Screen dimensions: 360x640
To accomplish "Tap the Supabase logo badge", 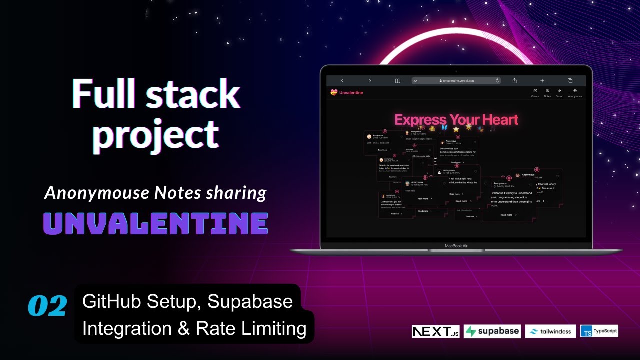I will click(x=492, y=332).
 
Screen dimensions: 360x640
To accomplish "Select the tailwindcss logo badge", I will click(x=550, y=331).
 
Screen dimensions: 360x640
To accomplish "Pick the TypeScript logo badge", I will click(x=599, y=331).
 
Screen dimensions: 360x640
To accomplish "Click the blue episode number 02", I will click(x=47, y=306).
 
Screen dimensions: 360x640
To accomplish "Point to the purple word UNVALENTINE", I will click(x=155, y=224).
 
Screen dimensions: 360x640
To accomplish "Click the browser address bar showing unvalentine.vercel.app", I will click(x=456, y=80).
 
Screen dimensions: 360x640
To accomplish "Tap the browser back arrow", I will click(x=342, y=80).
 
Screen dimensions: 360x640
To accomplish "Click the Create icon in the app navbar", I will click(x=535, y=91).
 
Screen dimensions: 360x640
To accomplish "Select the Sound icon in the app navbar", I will click(x=559, y=91).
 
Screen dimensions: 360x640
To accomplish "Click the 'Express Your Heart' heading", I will click(x=456, y=120).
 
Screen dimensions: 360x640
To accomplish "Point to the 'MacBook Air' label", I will click(x=456, y=246).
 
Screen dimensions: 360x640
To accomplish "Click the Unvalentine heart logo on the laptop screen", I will click(x=334, y=92).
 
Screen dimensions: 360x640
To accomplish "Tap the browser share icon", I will click(x=514, y=80).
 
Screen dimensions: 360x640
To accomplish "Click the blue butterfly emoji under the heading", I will click(x=444, y=127).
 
